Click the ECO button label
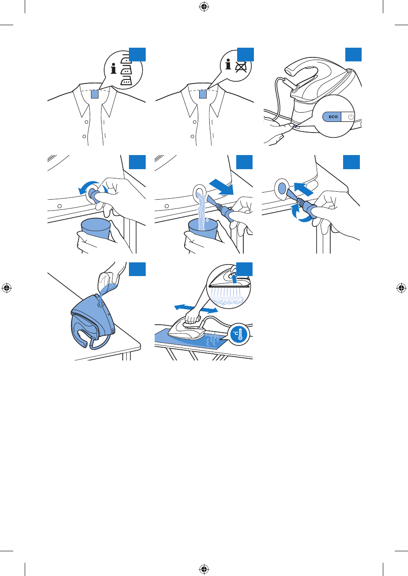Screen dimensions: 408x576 click(333, 117)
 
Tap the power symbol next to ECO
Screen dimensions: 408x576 click(351, 117)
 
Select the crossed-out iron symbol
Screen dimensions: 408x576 click(241, 67)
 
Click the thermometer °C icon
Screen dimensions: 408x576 click(238, 334)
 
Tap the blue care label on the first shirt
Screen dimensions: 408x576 click(94, 94)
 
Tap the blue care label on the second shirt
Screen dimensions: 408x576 click(203, 94)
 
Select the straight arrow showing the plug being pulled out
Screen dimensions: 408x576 click(221, 187)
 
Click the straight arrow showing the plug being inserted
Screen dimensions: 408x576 click(304, 189)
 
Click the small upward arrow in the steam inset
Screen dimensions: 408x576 click(234, 278)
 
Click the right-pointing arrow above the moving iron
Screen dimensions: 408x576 click(209, 310)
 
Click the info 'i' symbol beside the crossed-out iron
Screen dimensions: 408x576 click(228, 64)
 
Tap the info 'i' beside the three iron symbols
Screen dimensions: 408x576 click(113, 68)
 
